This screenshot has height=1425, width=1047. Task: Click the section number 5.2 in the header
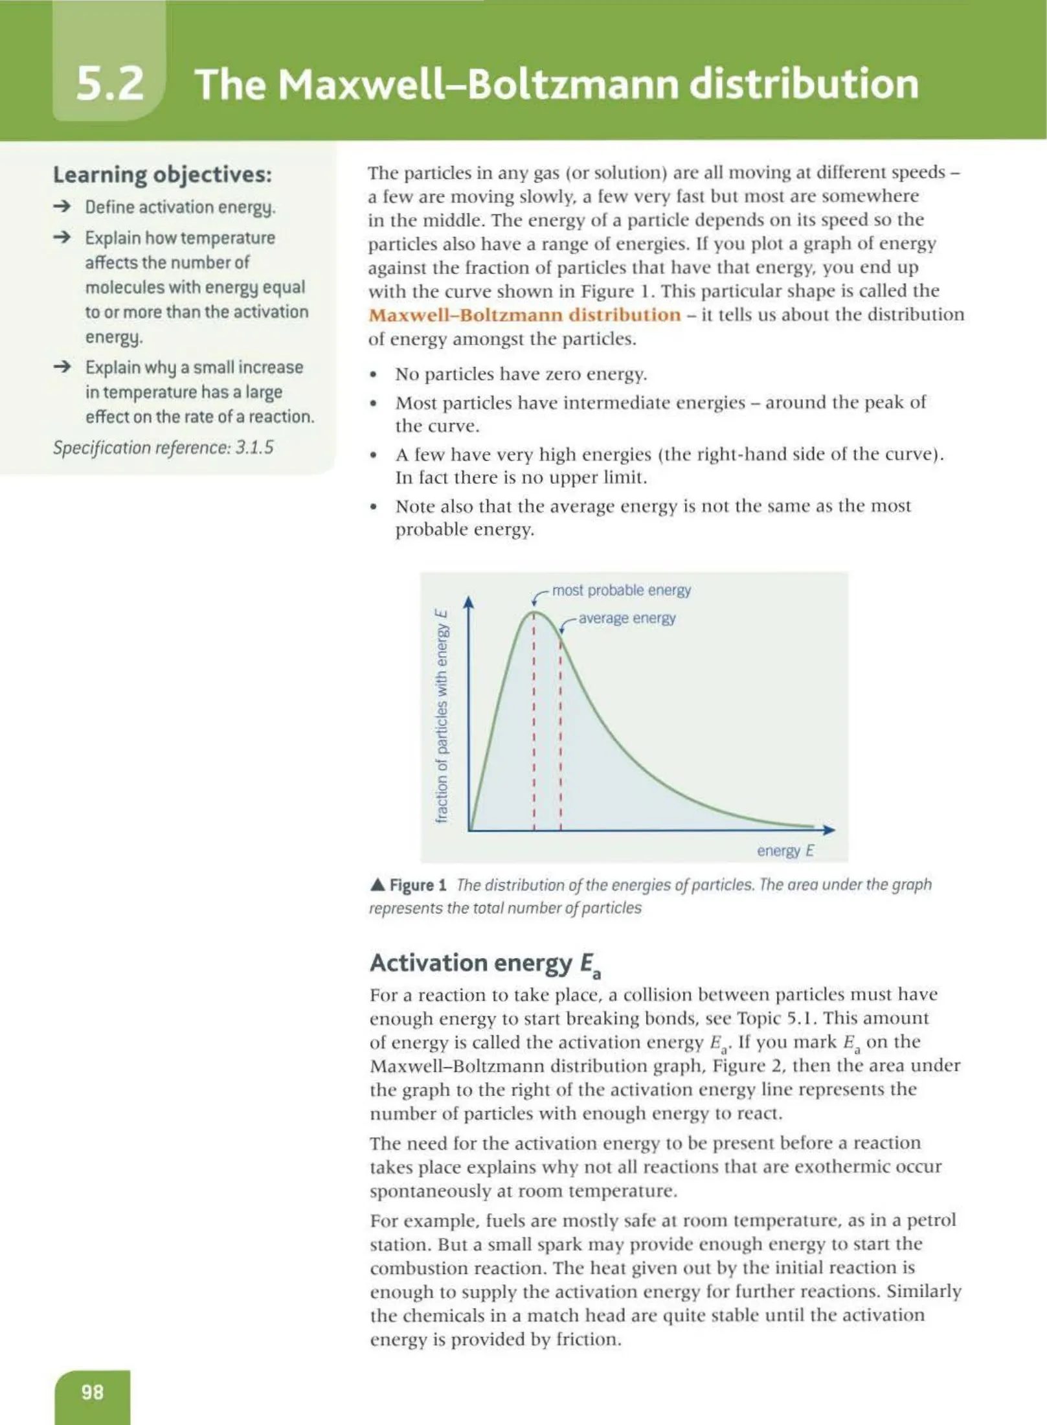click(109, 84)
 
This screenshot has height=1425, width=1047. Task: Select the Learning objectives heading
click(162, 174)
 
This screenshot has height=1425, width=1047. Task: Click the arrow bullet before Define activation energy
click(62, 207)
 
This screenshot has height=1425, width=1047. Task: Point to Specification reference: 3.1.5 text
click(163, 448)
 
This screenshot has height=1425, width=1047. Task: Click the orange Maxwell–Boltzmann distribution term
click(524, 315)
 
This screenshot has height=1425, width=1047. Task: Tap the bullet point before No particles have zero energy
click(373, 375)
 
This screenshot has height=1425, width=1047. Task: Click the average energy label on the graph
click(626, 618)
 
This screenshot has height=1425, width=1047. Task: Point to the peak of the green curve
click(534, 611)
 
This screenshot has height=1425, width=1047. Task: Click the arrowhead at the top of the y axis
click(469, 602)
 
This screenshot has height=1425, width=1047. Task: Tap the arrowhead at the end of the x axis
click(829, 830)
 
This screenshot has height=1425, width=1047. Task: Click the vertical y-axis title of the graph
click(442, 716)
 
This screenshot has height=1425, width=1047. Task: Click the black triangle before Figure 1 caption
click(377, 885)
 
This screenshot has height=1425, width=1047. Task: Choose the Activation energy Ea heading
click(486, 964)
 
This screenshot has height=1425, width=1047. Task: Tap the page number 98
click(92, 1391)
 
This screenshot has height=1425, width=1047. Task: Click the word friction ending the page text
click(589, 1339)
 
